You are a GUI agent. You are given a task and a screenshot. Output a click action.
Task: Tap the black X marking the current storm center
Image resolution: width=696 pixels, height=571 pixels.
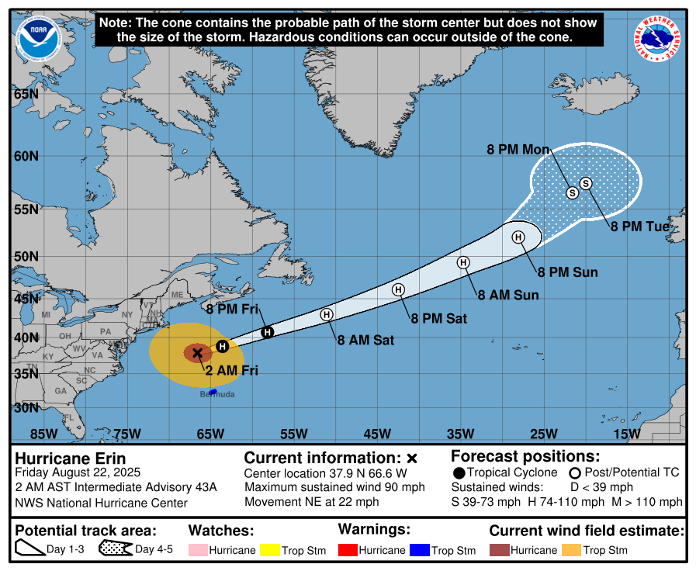tap(197, 353)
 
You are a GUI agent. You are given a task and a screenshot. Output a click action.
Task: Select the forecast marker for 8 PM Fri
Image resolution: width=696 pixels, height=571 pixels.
tap(267, 332)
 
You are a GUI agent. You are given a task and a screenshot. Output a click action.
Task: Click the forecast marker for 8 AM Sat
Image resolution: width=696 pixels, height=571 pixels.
tap(327, 314)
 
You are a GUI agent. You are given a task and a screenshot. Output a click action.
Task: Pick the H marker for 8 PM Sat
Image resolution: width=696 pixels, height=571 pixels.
tap(398, 289)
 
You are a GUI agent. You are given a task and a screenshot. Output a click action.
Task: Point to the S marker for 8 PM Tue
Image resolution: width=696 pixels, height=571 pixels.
tap(586, 183)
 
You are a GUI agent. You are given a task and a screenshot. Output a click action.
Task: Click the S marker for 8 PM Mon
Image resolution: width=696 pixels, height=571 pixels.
tap(573, 192)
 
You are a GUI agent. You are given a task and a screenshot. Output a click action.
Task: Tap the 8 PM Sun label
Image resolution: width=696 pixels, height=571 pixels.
tap(568, 272)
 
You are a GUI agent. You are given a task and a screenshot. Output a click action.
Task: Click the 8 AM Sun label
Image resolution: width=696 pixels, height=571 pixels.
tap(507, 295)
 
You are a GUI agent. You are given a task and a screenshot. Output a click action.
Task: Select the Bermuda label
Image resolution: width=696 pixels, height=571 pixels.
tap(217, 395)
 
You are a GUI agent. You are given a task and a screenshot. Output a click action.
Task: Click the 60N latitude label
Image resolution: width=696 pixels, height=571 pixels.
tap(26, 156)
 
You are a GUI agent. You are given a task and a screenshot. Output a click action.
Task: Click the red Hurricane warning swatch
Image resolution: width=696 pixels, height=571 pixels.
tap(347, 550)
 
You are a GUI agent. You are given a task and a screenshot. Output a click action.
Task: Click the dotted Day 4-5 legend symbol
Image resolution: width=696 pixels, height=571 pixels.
tap(115, 549)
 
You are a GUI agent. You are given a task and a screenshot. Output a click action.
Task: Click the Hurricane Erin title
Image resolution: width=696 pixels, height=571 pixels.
tap(70, 459)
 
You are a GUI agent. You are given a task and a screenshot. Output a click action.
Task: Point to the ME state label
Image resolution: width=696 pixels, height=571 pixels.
tap(177, 295)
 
